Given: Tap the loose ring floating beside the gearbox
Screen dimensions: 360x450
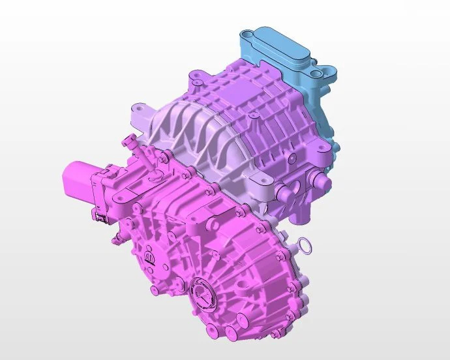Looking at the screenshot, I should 305,246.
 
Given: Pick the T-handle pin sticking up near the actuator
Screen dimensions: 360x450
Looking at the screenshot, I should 128,140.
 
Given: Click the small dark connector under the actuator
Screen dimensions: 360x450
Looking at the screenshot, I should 100,215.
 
